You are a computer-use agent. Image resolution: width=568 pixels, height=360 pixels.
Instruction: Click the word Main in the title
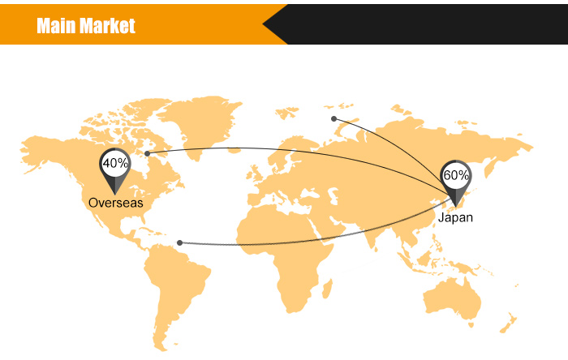click(x=58, y=27)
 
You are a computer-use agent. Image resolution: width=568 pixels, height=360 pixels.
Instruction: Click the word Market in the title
click(x=108, y=27)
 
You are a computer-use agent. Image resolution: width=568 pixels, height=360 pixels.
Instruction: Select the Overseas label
click(x=115, y=203)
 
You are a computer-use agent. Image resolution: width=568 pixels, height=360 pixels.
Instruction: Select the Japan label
click(x=455, y=217)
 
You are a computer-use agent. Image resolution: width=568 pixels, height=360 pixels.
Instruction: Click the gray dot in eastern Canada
click(x=147, y=153)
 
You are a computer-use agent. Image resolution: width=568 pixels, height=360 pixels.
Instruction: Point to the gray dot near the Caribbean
click(x=179, y=242)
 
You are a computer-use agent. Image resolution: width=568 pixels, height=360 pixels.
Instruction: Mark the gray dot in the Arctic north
click(x=333, y=119)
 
